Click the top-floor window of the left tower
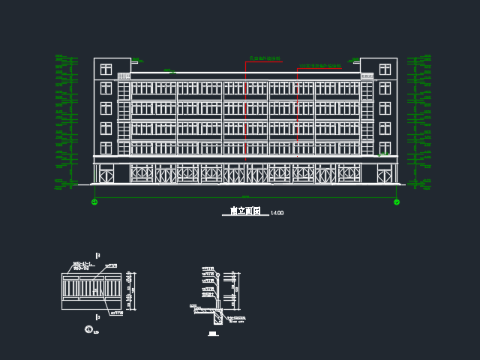point(106,70)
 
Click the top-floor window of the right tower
point(385,70)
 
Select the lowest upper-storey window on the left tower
point(106,147)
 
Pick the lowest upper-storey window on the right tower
point(385,147)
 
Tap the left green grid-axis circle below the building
point(94,202)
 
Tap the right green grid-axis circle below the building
point(397,202)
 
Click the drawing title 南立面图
point(244,211)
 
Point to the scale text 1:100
point(277,213)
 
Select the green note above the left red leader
point(265,58)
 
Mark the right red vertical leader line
point(297,105)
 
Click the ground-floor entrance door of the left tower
point(106,175)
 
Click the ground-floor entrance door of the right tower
point(385,175)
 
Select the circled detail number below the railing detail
point(88,329)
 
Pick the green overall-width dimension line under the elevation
point(245,197)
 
